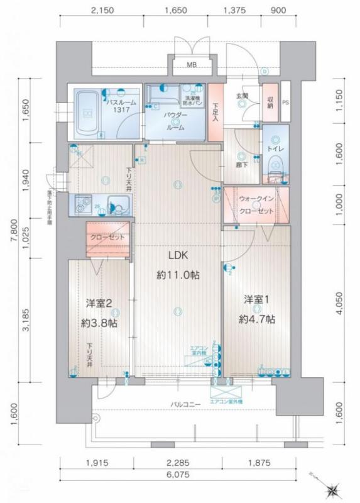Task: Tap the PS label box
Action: tap(286, 102)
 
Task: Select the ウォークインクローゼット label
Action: tap(256, 204)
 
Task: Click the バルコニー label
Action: tap(183, 403)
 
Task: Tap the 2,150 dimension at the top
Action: tap(102, 11)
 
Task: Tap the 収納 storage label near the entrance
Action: tap(270, 101)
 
